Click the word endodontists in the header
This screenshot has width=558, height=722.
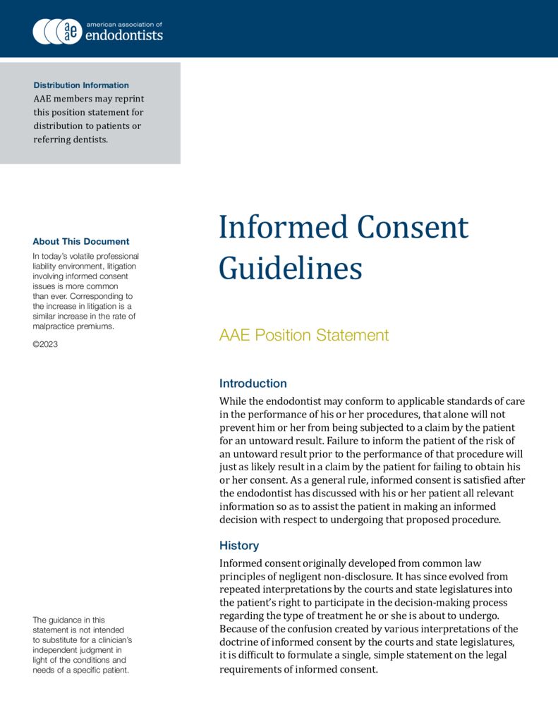click(123, 35)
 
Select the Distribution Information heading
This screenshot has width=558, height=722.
click(81, 85)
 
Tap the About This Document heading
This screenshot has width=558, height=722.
click(81, 241)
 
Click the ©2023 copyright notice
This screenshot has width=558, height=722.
click(45, 344)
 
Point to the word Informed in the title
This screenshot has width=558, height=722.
click(282, 228)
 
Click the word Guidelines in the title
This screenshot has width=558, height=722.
click(290, 269)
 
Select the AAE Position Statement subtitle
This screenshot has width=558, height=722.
click(304, 336)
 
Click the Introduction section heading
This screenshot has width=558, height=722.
click(253, 384)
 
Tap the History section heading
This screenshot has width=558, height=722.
click(238, 546)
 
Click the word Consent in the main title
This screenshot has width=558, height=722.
click(413, 228)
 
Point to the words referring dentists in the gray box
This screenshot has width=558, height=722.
click(71, 140)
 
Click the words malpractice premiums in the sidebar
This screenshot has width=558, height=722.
click(73, 326)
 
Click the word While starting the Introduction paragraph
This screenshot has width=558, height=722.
click(233, 402)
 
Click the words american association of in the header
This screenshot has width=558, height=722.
click(123, 24)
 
